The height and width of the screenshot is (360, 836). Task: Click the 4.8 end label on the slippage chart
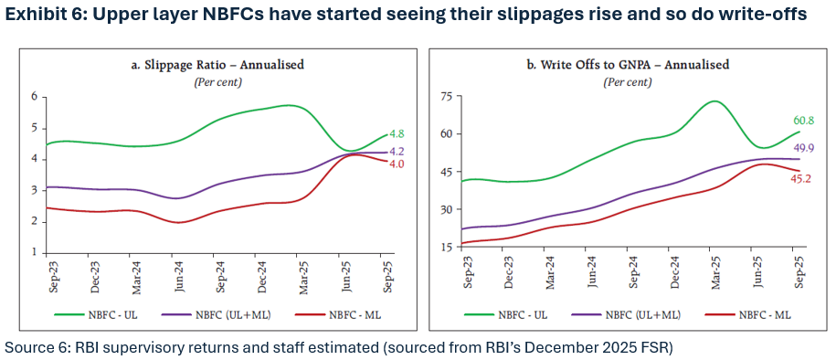(397, 134)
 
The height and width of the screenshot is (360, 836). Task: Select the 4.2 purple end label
(397, 152)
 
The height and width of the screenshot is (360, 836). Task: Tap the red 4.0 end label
(397, 164)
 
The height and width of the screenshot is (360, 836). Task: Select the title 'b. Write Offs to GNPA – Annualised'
(628, 65)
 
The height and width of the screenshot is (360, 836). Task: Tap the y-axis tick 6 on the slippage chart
(34, 97)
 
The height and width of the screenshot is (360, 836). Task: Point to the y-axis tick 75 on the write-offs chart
(447, 97)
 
